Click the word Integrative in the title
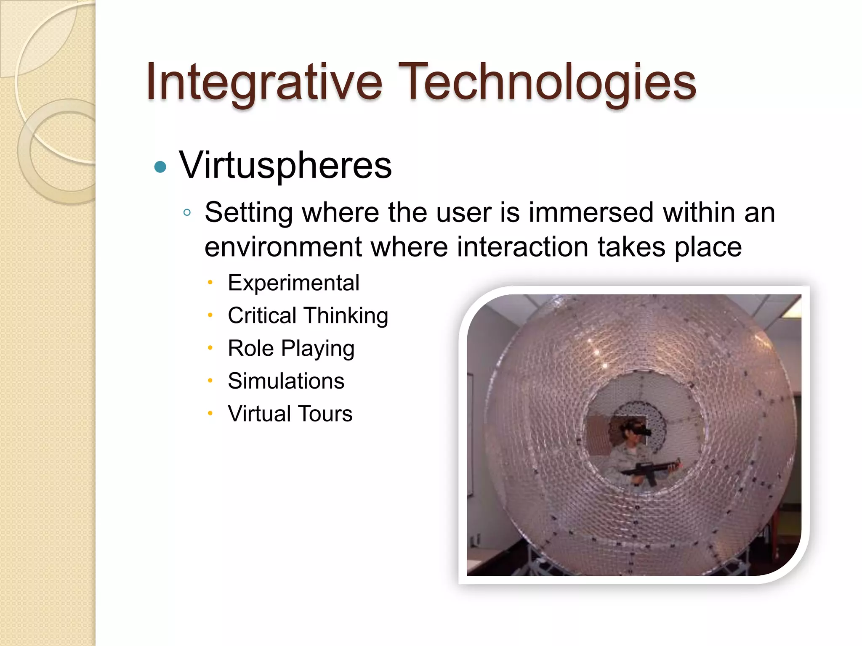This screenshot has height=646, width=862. click(x=264, y=82)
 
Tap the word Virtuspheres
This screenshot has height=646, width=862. click(x=285, y=165)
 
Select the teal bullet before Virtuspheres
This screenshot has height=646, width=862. click(x=160, y=167)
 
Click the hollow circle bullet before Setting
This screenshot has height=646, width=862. click(x=187, y=213)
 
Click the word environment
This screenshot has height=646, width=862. click(x=283, y=247)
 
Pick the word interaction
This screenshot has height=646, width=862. click(x=523, y=247)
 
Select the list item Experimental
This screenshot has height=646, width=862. click(x=293, y=283)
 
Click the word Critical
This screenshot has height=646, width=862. click(x=262, y=315)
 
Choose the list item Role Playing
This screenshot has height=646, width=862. click(x=291, y=349)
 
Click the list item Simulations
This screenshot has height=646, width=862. click(x=286, y=381)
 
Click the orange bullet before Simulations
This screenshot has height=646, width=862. click(x=210, y=381)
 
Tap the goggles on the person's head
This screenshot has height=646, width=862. click(x=639, y=431)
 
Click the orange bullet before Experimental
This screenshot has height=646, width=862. click(x=210, y=283)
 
